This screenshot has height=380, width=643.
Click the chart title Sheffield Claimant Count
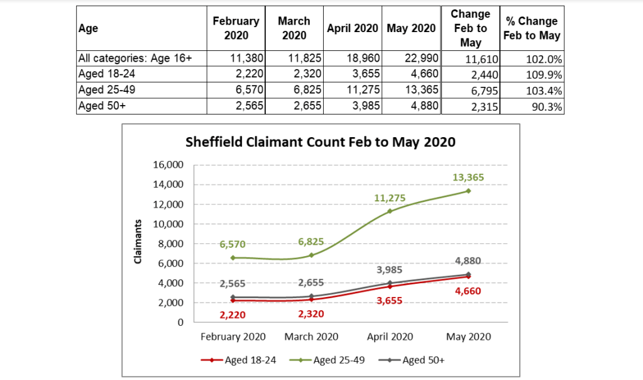click(x=321, y=142)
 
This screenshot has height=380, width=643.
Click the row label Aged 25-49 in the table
click(x=106, y=90)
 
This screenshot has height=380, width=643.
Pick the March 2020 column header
click(x=294, y=28)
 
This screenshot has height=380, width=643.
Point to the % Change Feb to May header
click(x=532, y=28)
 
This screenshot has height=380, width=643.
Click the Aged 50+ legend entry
click(x=414, y=360)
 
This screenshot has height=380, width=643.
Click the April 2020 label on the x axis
click(x=389, y=337)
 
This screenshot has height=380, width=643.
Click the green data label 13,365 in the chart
click(x=468, y=177)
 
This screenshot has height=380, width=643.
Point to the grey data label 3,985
click(x=389, y=269)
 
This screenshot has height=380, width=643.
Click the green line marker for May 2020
click(x=468, y=191)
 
